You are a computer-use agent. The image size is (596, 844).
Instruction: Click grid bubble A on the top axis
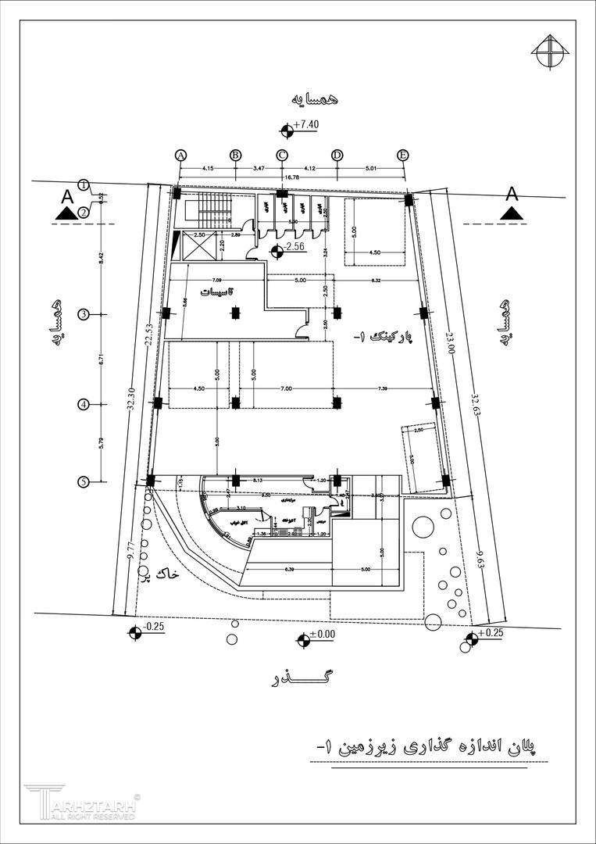pyautogui.click(x=181, y=155)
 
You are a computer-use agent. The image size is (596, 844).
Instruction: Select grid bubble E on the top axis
pyautogui.click(x=403, y=155)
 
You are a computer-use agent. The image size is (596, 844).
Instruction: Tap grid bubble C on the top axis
pyautogui.click(x=282, y=155)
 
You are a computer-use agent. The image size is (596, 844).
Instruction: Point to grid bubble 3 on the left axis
pyautogui.click(x=84, y=314)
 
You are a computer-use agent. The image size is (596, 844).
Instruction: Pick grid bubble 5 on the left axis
pyautogui.click(x=84, y=482)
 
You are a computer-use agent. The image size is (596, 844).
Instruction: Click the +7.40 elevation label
pyautogui.click(x=307, y=125)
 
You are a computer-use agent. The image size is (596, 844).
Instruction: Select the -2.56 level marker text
pyautogui.click(x=294, y=248)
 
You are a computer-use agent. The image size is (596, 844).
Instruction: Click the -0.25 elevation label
pyautogui.click(x=155, y=628)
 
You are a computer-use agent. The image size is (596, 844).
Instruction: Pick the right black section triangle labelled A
pyautogui.click(x=511, y=213)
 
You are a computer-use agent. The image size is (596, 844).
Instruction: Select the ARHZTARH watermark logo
pyautogui.click(x=82, y=803)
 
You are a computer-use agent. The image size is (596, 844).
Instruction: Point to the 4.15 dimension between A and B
pyautogui.click(x=208, y=168)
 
